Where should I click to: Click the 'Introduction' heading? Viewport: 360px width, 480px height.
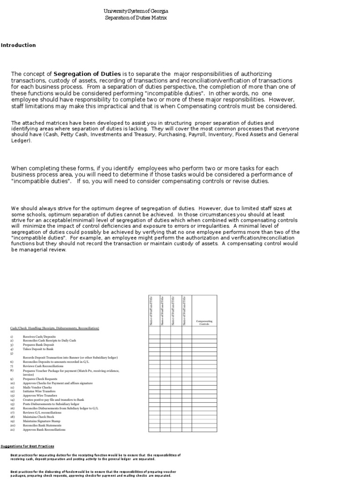(x=18, y=45)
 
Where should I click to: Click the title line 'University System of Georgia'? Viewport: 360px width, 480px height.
(x=135, y=11)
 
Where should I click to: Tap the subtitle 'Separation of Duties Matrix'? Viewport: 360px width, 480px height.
(x=135, y=18)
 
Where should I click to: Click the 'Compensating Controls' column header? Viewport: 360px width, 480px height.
(x=204, y=323)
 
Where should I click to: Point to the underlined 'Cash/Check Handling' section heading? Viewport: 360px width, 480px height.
(x=54, y=328)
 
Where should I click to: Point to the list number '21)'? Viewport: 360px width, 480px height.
(x=12, y=429)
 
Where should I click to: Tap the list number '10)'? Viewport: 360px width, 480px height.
(x=12, y=383)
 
